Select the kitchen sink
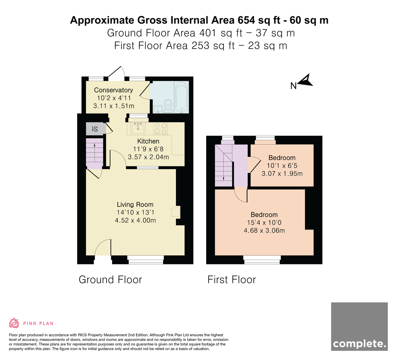pyautogui.click(x=138, y=128)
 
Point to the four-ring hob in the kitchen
pyautogui.click(x=161, y=128)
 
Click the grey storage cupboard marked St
pyautogui.click(x=96, y=129)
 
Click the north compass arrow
pyautogui.click(x=305, y=80)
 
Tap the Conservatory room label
pyautogui.click(x=113, y=90)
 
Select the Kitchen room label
pyautogui.click(x=148, y=141)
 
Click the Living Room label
pyautogui.click(x=135, y=204)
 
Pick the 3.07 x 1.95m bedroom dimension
pyautogui.click(x=282, y=174)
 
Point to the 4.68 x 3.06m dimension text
pyautogui.click(x=264, y=231)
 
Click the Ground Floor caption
pyautogui.click(x=110, y=280)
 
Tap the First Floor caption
pyautogui.click(x=232, y=280)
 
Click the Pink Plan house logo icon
pyautogui.click(x=14, y=323)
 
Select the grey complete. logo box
pyautogui.click(x=359, y=327)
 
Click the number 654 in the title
pyautogui.click(x=246, y=20)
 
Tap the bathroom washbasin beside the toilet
pyautogui.click(x=158, y=109)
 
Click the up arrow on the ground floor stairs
pyautogui.click(x=95, y=153)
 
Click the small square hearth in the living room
pyautogui.click(x=175, y=212)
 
